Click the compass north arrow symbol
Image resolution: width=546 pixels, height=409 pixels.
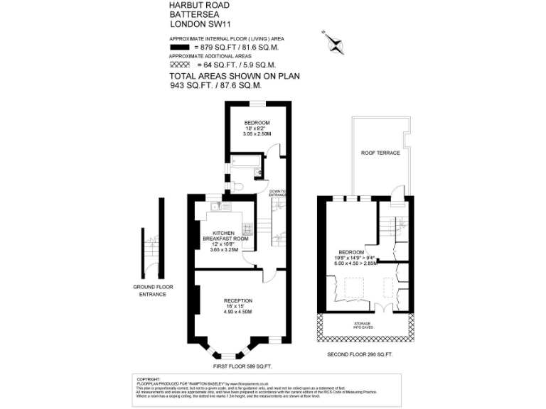pos(333,43)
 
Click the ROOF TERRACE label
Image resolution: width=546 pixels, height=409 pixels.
pos(380,153)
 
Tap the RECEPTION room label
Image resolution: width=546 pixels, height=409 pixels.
pos(238,300)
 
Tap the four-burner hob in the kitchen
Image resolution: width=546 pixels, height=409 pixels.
pos(249,229)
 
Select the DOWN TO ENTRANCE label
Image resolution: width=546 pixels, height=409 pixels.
pos(277,192)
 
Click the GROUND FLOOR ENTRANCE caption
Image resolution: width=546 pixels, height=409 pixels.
pos(153,290)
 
